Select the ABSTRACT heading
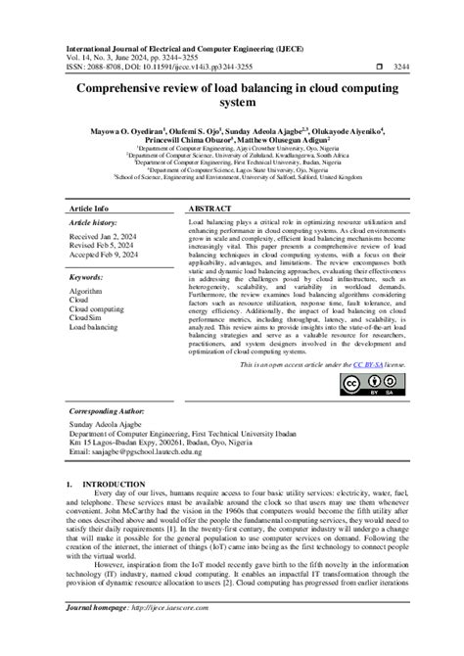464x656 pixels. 209,210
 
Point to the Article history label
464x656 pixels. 94,223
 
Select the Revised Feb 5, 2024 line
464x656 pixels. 106,250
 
